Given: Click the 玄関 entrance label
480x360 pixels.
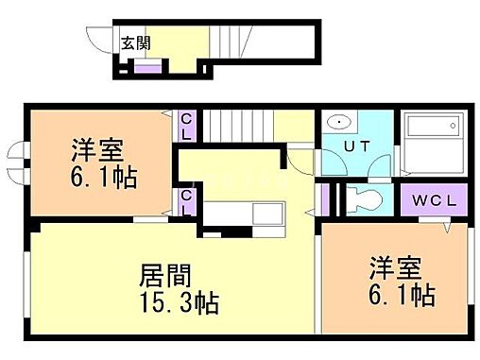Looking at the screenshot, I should click(x=133, y=43).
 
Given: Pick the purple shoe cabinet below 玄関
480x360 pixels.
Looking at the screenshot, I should click(x=147, y=65).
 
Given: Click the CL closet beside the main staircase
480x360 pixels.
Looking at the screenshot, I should click(x=186, y=126).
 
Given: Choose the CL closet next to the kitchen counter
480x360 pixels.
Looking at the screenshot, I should click(x=186, y=201).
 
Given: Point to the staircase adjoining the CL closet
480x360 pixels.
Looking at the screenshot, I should click(x=238, y=124).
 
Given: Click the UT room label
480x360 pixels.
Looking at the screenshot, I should click(x=356, y=147).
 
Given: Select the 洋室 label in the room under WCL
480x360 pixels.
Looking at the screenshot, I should click(x=394, y=268).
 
